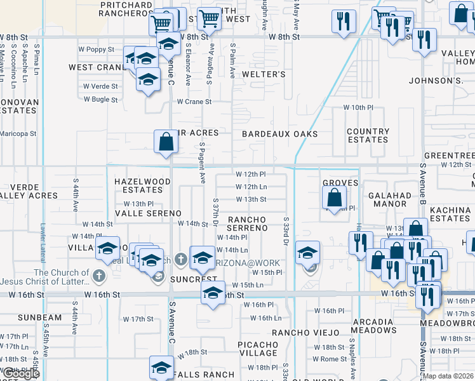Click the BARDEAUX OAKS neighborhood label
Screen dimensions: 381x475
point(279,134)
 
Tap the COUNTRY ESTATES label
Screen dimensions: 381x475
point(368,135)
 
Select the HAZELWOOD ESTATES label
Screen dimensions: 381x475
point(142,185)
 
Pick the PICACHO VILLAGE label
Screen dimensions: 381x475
point(258,348)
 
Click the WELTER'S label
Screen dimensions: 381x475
point(264,74)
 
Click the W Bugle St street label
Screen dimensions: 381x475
point(101,100)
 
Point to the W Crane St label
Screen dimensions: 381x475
point(194,102)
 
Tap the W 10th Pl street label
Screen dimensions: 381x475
point(359,108)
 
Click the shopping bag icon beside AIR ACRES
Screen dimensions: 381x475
point(166,142)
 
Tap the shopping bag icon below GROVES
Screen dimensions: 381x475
point(335,198)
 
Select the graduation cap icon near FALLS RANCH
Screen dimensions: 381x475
point(161,367)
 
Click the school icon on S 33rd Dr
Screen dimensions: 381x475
point(307,254)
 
